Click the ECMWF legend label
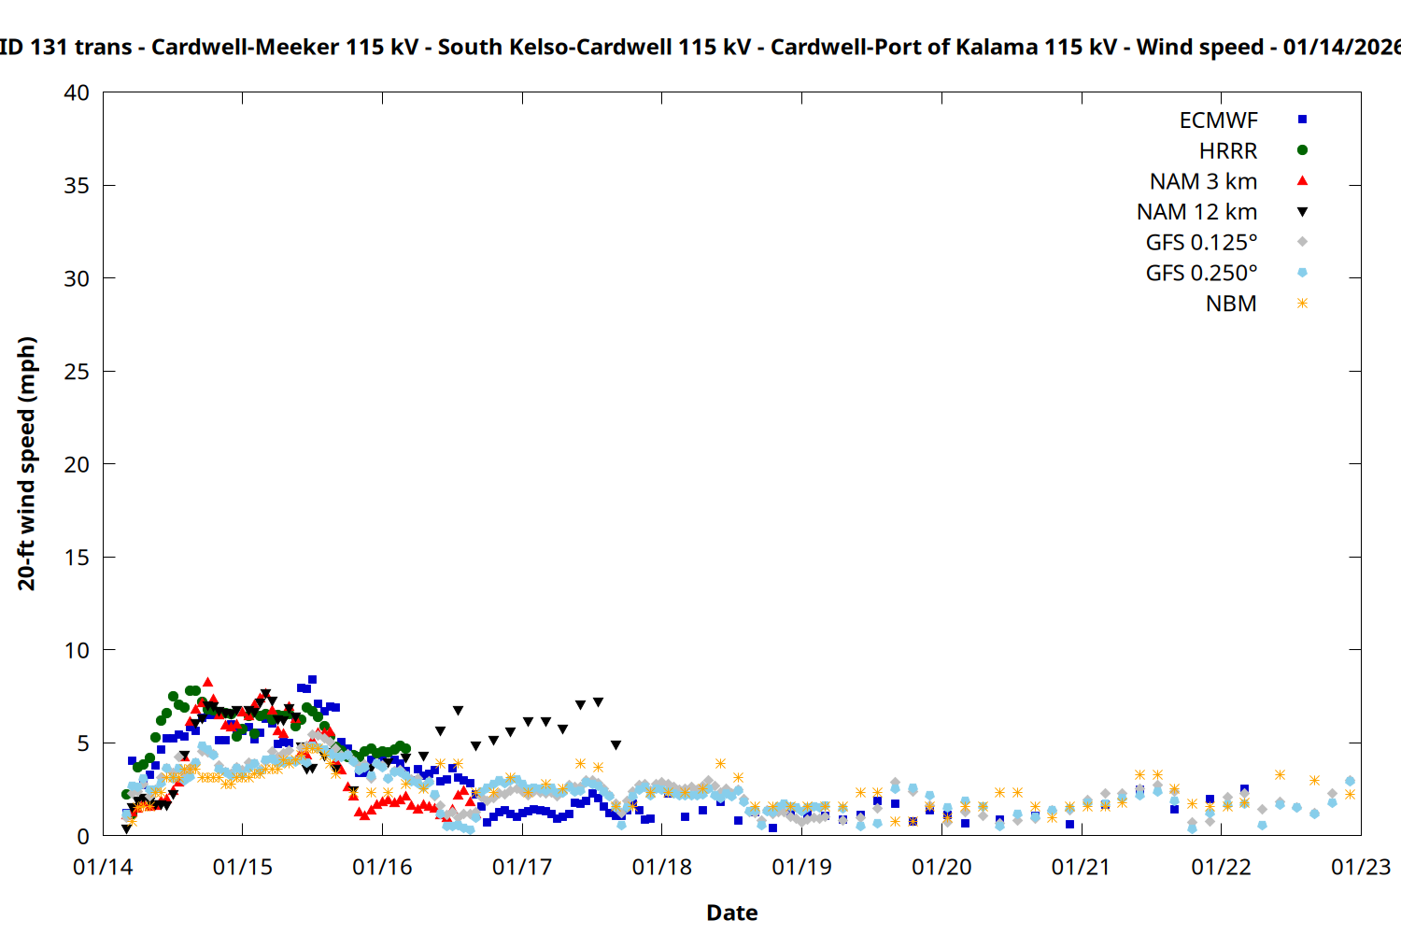click(x=1218, y=120)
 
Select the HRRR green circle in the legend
click(x=1302, y=150)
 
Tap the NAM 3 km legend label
click(x=1203, y=181)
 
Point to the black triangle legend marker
click(x=1302, y=212)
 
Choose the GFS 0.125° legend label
click(x=1201, y=243)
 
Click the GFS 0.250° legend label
click(x=1201, y=274)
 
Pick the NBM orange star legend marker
click(x=1302, y=304)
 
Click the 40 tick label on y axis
click(x=77, y=92)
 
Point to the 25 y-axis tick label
click(x=77, y=372)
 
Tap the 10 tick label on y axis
click(x=77, y=650)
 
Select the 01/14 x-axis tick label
click(x=103, y=868)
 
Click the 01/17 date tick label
click(x=522, y=868)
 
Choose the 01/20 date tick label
click(x=941, y=868)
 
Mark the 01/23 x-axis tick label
click(x=1361, y=868)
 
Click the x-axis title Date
click(x=731, y=913)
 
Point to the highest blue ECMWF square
click(x=312, y=680)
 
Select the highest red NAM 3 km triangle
click(x=207, y=683)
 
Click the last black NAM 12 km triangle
click(x=616, y=745)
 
